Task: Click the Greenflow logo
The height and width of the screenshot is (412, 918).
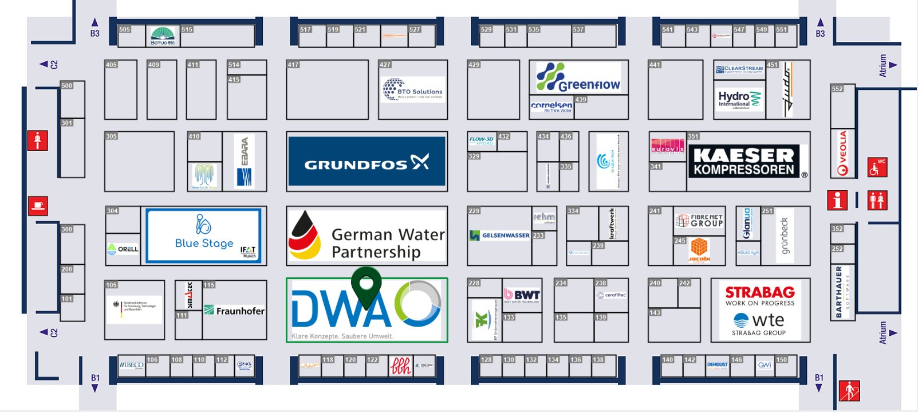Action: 578,77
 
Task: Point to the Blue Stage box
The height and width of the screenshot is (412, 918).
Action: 204,236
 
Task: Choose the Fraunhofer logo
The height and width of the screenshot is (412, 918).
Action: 234,311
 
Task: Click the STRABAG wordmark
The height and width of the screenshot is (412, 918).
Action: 760,292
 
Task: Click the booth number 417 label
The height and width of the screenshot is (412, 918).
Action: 293,65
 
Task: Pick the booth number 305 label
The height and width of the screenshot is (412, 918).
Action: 111,136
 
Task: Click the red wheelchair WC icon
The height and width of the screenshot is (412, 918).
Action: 877,167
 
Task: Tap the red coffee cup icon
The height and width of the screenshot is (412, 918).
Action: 38,206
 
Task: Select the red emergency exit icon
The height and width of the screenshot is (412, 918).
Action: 849,391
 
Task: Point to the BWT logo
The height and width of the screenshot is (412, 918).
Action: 522,295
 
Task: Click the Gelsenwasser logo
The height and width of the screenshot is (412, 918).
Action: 499,236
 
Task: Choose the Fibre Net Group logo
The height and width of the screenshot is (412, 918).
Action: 699,220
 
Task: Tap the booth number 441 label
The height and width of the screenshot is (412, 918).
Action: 655,65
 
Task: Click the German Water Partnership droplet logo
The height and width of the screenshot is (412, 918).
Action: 305,236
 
